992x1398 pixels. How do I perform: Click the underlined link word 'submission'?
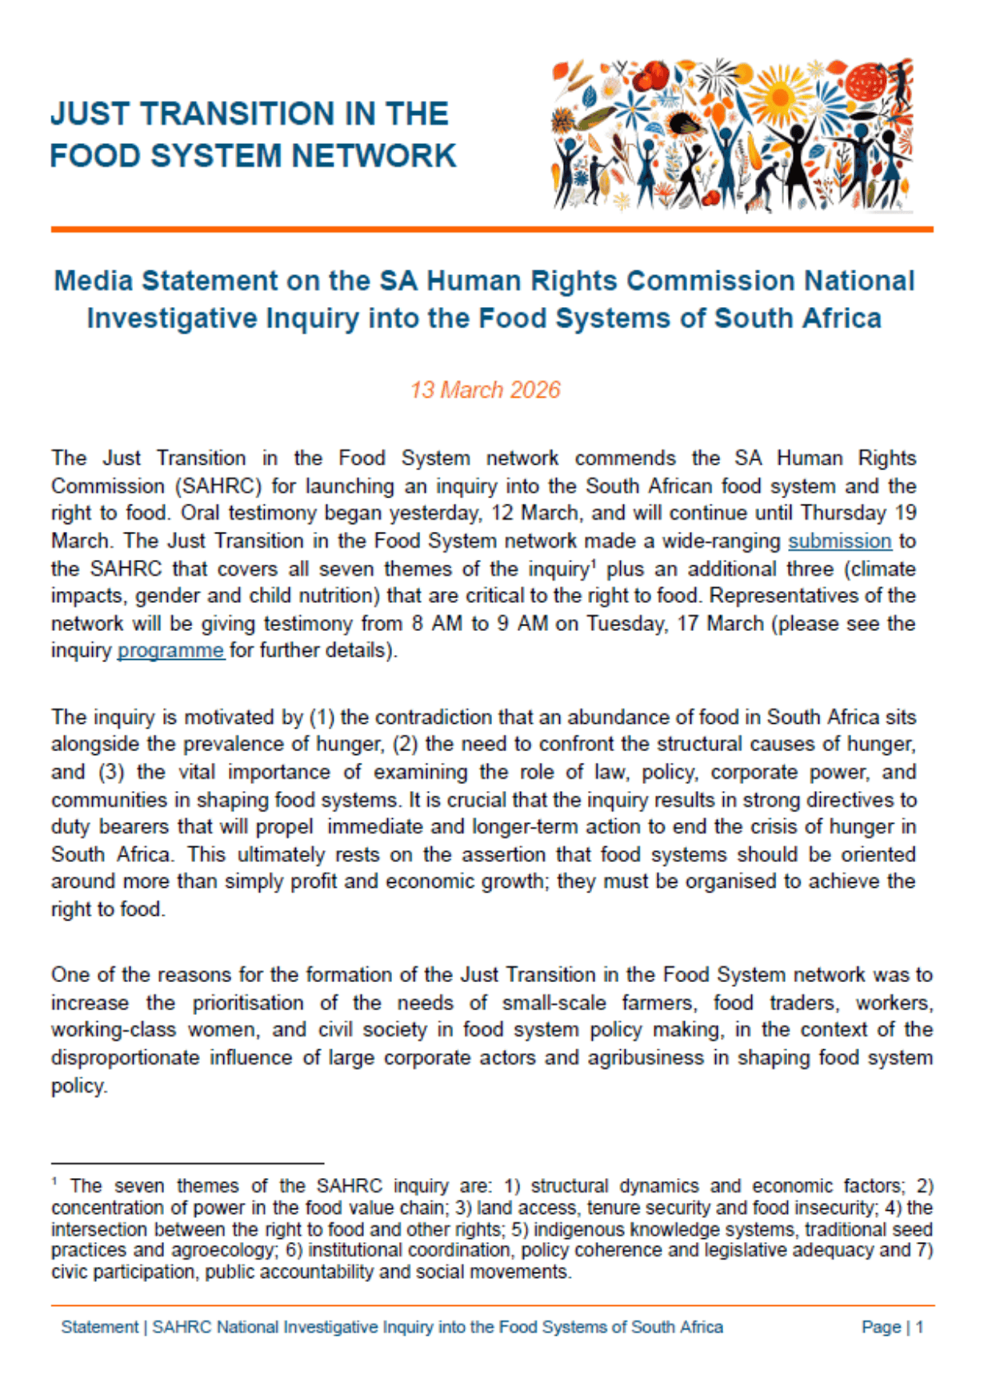click(839, 541)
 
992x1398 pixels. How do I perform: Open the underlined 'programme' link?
click(170, 650)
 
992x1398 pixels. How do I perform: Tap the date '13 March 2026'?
click(485, 389)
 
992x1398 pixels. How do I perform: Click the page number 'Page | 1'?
click(892, 1327)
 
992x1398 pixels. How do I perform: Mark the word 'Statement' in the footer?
click(100, 1327)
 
